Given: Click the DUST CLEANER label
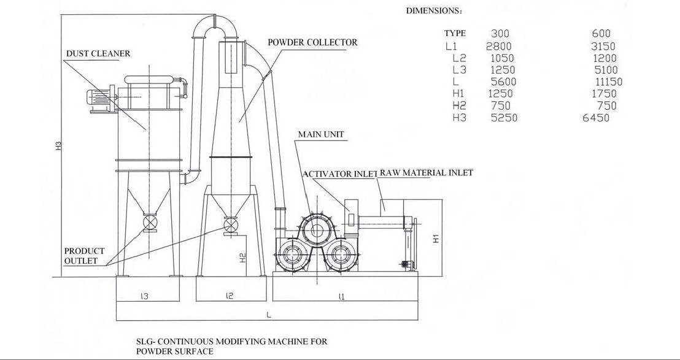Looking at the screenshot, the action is (x=98, y=54).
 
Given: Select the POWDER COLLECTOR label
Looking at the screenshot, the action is (x=312, y=42).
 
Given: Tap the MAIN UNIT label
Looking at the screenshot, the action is (x=321, y=134).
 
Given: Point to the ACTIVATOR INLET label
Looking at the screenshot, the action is (x=339, y=174).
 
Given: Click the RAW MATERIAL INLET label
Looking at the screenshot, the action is (x=427, y=173).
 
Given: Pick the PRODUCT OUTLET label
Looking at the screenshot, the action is (x=84, y=256).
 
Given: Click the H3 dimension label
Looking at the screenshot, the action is (x=59, y=146).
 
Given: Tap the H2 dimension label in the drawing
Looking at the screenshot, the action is (x=243, y=258).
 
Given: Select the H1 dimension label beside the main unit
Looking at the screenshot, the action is (x=436, y=239).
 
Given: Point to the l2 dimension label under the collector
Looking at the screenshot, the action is (x=230, y=296).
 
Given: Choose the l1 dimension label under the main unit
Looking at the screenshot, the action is (x=341, y=297).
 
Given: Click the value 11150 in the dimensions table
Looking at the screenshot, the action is (x=608, y=82).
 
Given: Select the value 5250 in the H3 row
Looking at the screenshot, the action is (x=504, y=118).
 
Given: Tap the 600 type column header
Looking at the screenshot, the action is (x=601, y=33).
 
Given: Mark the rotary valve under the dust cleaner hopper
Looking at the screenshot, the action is (x=150, y=223).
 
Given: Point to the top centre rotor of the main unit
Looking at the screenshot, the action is (x=317, y=229).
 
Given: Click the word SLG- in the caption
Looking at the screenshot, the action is (x=147, y=342).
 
